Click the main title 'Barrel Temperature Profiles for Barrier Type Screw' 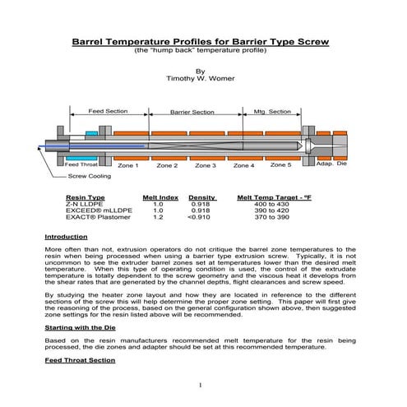pyautogui.click(x=201, y=40)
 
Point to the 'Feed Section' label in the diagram pyautogui.click(x=107, y=111)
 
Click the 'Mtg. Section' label pyautogui.click(x=271, y=111)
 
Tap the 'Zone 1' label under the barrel pyautogui.click(x=127, y=165)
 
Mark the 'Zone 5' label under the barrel pyautogui.click(x=280, y=164)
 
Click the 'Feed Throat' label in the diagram pyautogui.click(x=81, y=164)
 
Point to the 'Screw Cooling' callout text pyautogui.click(x=90, y=176)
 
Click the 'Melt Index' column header pyautogui.click(x=160, y=198)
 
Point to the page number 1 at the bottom pyautogui.click(x=201, y=386)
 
